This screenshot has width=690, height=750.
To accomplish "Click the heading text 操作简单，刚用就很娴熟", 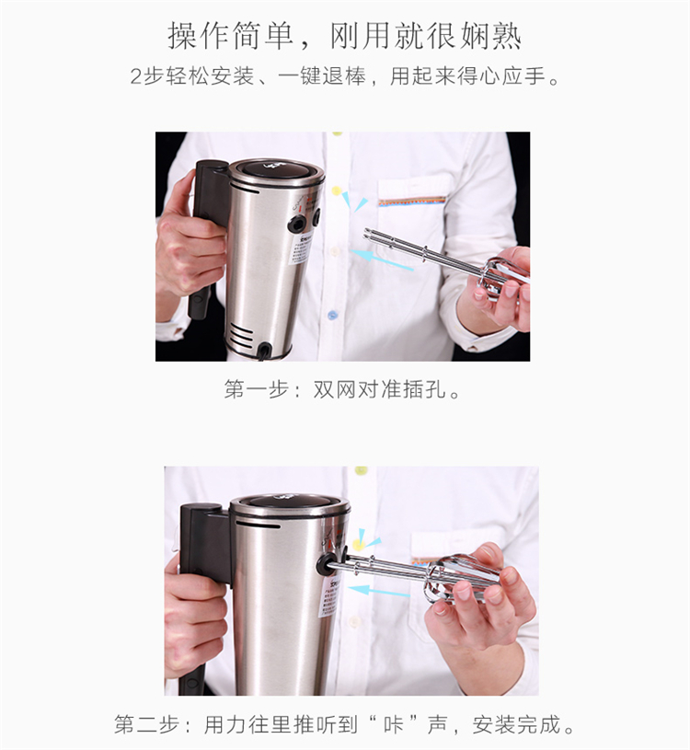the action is (344, 36).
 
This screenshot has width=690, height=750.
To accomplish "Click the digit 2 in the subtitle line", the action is (136, 76).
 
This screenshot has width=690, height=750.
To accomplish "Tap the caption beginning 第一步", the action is (342, 389).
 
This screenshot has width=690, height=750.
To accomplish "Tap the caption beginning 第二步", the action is (344, 724).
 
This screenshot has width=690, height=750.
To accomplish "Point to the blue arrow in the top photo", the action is (382, 260).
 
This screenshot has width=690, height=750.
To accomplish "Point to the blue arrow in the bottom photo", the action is (379, 591).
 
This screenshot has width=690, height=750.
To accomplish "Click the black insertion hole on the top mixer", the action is (297, 223).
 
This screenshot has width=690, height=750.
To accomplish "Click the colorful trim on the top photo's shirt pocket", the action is (412, 201).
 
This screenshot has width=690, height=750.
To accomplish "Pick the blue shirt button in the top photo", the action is (332, 315).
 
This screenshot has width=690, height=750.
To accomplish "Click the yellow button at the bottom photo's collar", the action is (361, 470).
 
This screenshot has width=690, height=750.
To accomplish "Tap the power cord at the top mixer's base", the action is (264, 352).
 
